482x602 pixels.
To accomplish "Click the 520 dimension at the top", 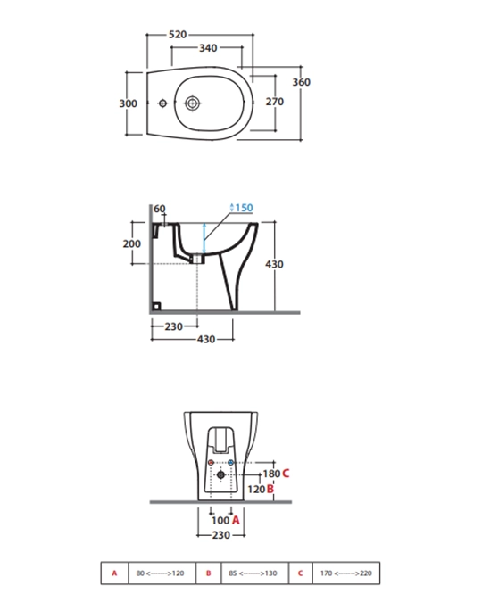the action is click(x=178, y=35).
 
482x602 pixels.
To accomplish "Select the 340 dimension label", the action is click(x=208, y=48).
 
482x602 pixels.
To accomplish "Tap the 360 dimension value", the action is click(x=302, y=82).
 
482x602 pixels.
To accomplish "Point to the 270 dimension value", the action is click(x=275, y=102).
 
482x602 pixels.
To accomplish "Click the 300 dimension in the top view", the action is click(x=128, y=103).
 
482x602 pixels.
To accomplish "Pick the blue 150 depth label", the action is click(x=242, y=208).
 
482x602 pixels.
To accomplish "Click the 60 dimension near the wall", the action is click(x=160, y=209).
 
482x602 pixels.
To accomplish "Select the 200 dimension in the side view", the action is click(x=132, y=243).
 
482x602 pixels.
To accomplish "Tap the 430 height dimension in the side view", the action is click(x=274, y=264).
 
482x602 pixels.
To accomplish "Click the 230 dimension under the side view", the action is click(x=174, y=326).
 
